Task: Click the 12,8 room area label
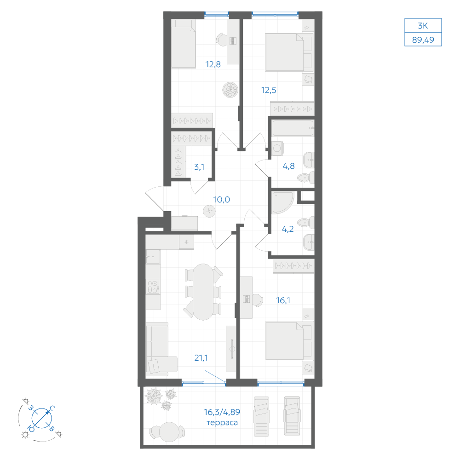pyautogui.click(x=213, y=64)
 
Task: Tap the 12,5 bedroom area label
pyautogui.click(x=269, y=90)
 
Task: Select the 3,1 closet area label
pyautogui.click(x=199, y=167)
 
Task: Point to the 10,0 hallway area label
pyautogui.click(x=222, y=200)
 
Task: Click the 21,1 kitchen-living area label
pyautogui.click(x=201, y=357)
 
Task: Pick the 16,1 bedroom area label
pyautogui.click(x=283, y=300)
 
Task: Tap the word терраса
pyautogui.click(x=222, y=423)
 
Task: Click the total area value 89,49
pyautogui.click(x=423, y=40)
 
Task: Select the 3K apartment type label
pyautogui.click(x=423, y=26)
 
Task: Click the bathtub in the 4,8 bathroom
pyautogui.click(x=293, y=128)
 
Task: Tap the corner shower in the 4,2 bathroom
pyautogui.click(x=282, y=202)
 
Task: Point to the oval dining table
pyautogui.click(x=203, y=292)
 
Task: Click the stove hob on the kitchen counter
pyautogui.click(x=153, y=287)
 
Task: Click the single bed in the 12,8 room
pyautogui.click(x=184, y=44)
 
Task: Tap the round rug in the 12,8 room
pyautogui.click(x=230, y=90)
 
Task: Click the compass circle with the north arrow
pyautogui.click(x=42, y=418)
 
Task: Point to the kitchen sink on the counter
pyautogui.click(x=153, y=257)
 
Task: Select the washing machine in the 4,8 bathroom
pyautogui.click(x=277, y=149)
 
